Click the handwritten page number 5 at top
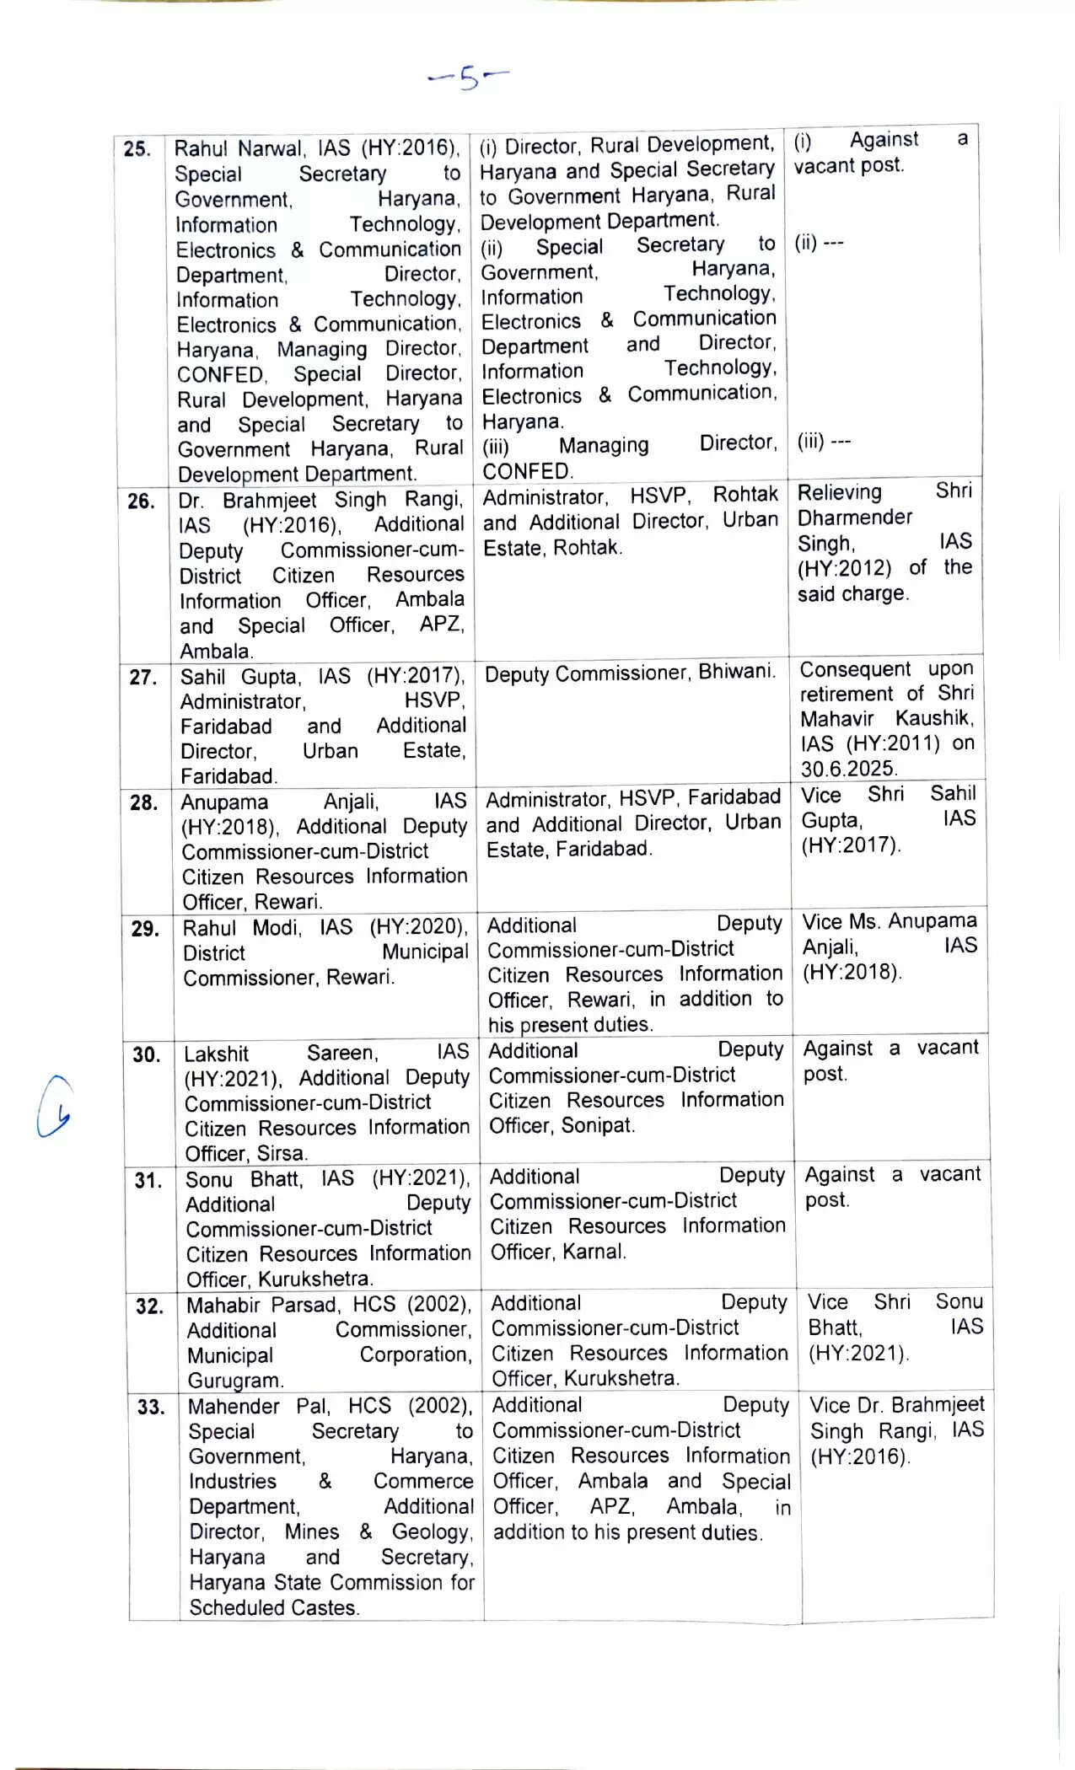[469, 78]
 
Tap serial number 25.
[137, 149]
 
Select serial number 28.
[145, 802]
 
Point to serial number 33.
[151, 1407]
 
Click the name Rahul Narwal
[239, 148]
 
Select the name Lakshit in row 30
[216, 1054]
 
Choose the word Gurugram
[235, 1381]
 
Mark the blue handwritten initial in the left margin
[53, 1107]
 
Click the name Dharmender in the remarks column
[854, 518]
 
